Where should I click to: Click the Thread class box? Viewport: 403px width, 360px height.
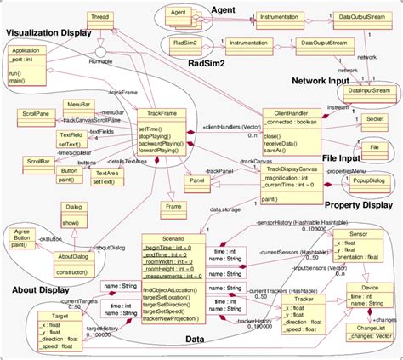[x=99, y=18]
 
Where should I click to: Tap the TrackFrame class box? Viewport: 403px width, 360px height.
[x=162, y=132]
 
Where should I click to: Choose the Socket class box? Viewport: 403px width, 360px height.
[x=372, y=120]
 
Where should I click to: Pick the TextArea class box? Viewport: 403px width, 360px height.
[x=106, y=176]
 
